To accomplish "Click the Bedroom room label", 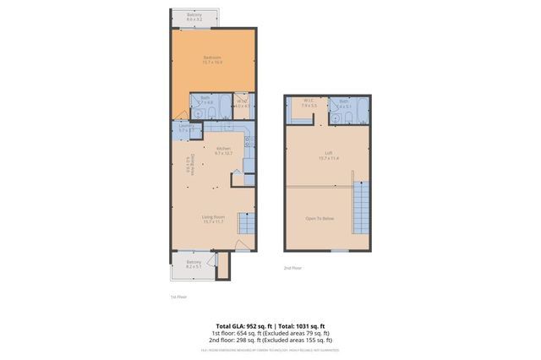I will [212, 57].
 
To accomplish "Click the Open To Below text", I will [320, 219].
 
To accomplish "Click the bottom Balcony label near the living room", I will [194, 262].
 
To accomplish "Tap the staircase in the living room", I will [245, 223].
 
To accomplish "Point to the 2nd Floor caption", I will [293, 268].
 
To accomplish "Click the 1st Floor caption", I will [178, 297].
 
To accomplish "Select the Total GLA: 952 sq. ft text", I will [240, 325].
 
